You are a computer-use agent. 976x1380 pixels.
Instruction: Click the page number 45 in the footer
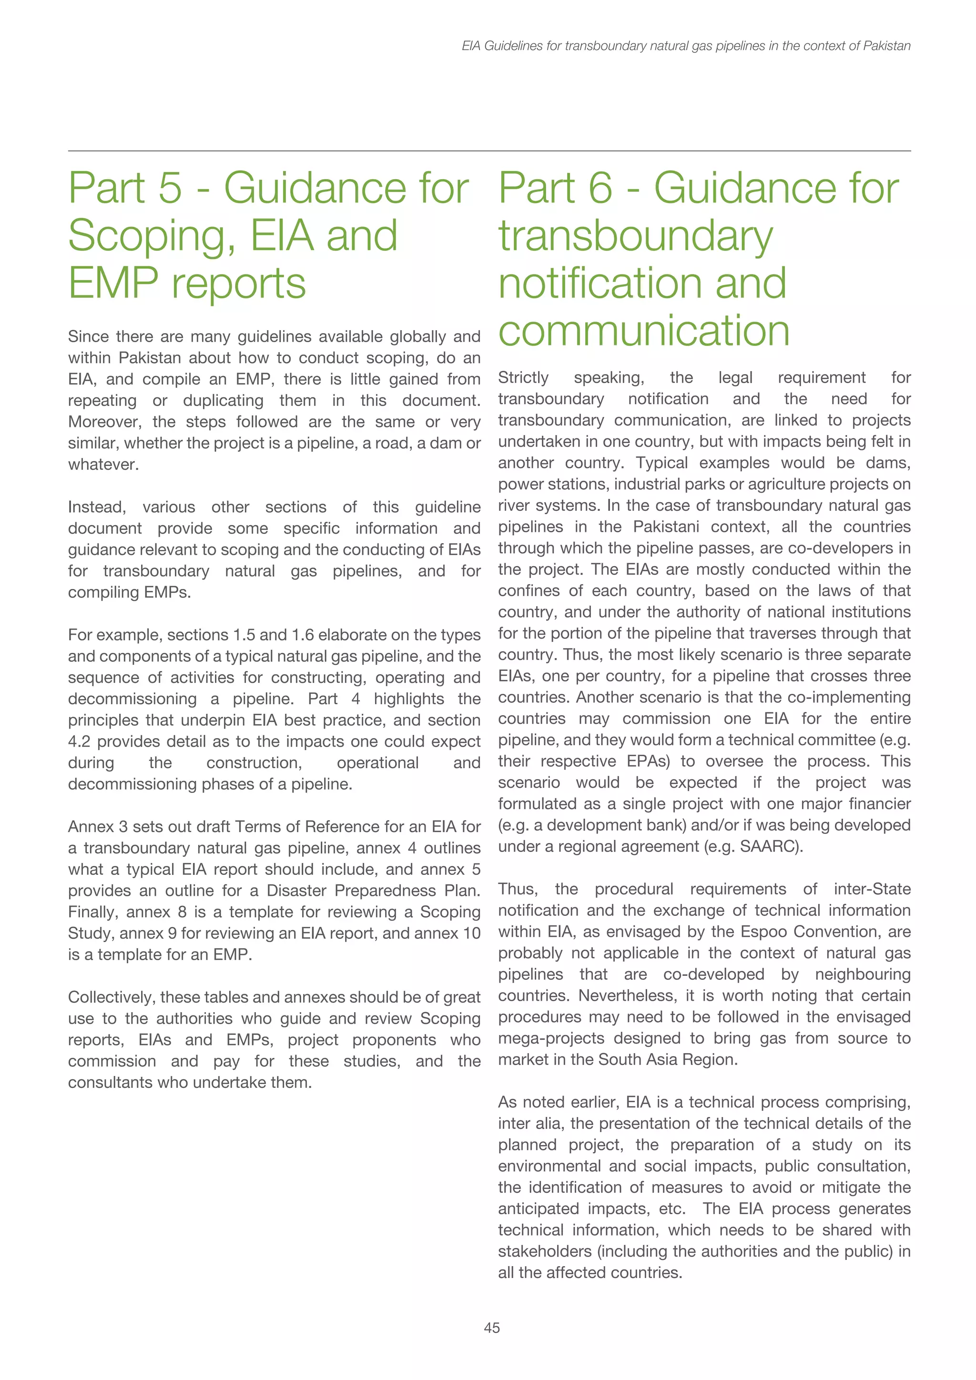pyautogui.click(x=492, y=1328)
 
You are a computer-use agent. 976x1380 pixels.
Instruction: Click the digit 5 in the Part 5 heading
pyautogui.click(x=170, y=188)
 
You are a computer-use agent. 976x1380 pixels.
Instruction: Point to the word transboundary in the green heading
pyautogui.click(x=635, y=236)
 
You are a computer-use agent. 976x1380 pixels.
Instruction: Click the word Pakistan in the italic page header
pyautogui.click(x=886, y=46)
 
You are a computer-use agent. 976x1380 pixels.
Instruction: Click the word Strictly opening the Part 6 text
pyautogui.click(x=523, y=377)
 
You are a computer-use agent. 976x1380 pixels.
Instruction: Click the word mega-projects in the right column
pyautogui.click(x=542, y=1039)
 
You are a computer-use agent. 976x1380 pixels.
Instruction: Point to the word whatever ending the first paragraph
pyautogui.click(x=103, y=465)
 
